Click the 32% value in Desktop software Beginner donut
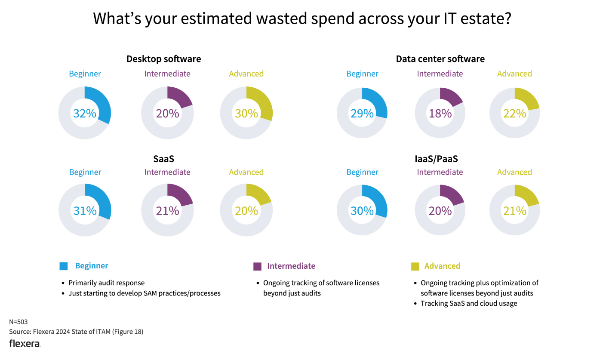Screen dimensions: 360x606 click(85, 114)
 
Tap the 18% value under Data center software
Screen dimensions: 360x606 click(440, 114)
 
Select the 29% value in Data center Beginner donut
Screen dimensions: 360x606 click(362, 114)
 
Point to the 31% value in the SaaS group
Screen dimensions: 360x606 click(85, 211)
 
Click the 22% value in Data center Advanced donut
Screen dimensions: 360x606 click(515, 114)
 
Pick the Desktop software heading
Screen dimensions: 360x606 click(163, 59)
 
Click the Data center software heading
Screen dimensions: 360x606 click(440, 59)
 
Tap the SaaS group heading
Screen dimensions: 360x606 click(163, 159)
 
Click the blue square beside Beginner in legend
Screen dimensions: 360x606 click(64, 266)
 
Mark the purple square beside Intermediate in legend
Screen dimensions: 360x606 click(257, 266)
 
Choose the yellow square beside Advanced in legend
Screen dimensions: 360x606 click(415, 266)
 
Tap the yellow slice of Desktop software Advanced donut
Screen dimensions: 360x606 click(261, 103)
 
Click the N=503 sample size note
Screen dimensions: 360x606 click(18, 322)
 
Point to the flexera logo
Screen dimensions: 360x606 click(25, 344)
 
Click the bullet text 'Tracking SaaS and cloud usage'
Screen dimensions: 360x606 click(469, 304)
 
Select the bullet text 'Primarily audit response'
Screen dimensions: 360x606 click(107, 283)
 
